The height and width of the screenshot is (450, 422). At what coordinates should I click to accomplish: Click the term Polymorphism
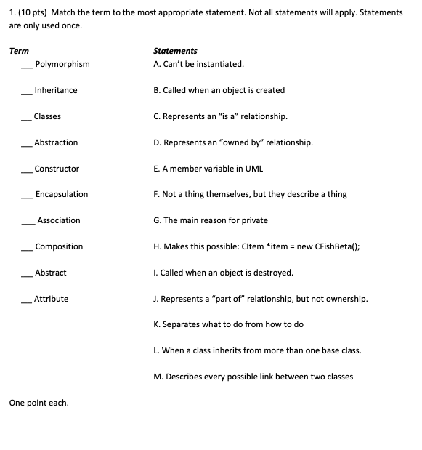62,64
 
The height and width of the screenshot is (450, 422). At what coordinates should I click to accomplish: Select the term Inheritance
56,90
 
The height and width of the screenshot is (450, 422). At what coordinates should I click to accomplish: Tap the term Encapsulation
62,194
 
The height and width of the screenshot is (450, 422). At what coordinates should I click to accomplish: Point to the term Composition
59,246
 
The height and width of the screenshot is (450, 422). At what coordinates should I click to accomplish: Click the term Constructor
57,169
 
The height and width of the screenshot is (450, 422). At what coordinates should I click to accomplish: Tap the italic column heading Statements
175,51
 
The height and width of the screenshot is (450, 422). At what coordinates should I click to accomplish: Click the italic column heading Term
19,51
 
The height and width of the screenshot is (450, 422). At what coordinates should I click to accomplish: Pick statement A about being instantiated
198,64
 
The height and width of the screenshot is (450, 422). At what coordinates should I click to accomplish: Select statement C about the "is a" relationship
220,116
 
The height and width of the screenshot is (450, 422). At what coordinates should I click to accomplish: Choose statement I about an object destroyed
223,273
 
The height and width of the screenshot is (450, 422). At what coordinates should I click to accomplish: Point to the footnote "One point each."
38,402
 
